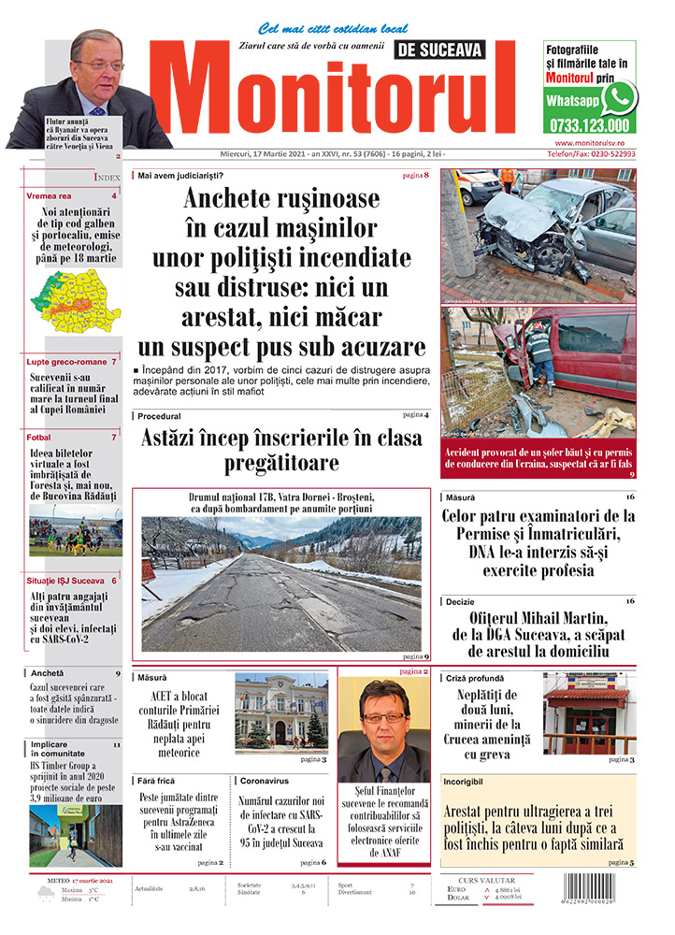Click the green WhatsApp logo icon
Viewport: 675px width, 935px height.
619,96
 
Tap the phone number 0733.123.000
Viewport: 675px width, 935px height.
590,125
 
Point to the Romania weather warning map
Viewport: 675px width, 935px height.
75,301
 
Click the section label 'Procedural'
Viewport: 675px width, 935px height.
159,415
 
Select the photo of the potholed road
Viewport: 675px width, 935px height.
281,584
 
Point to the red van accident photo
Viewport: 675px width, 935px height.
539,372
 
